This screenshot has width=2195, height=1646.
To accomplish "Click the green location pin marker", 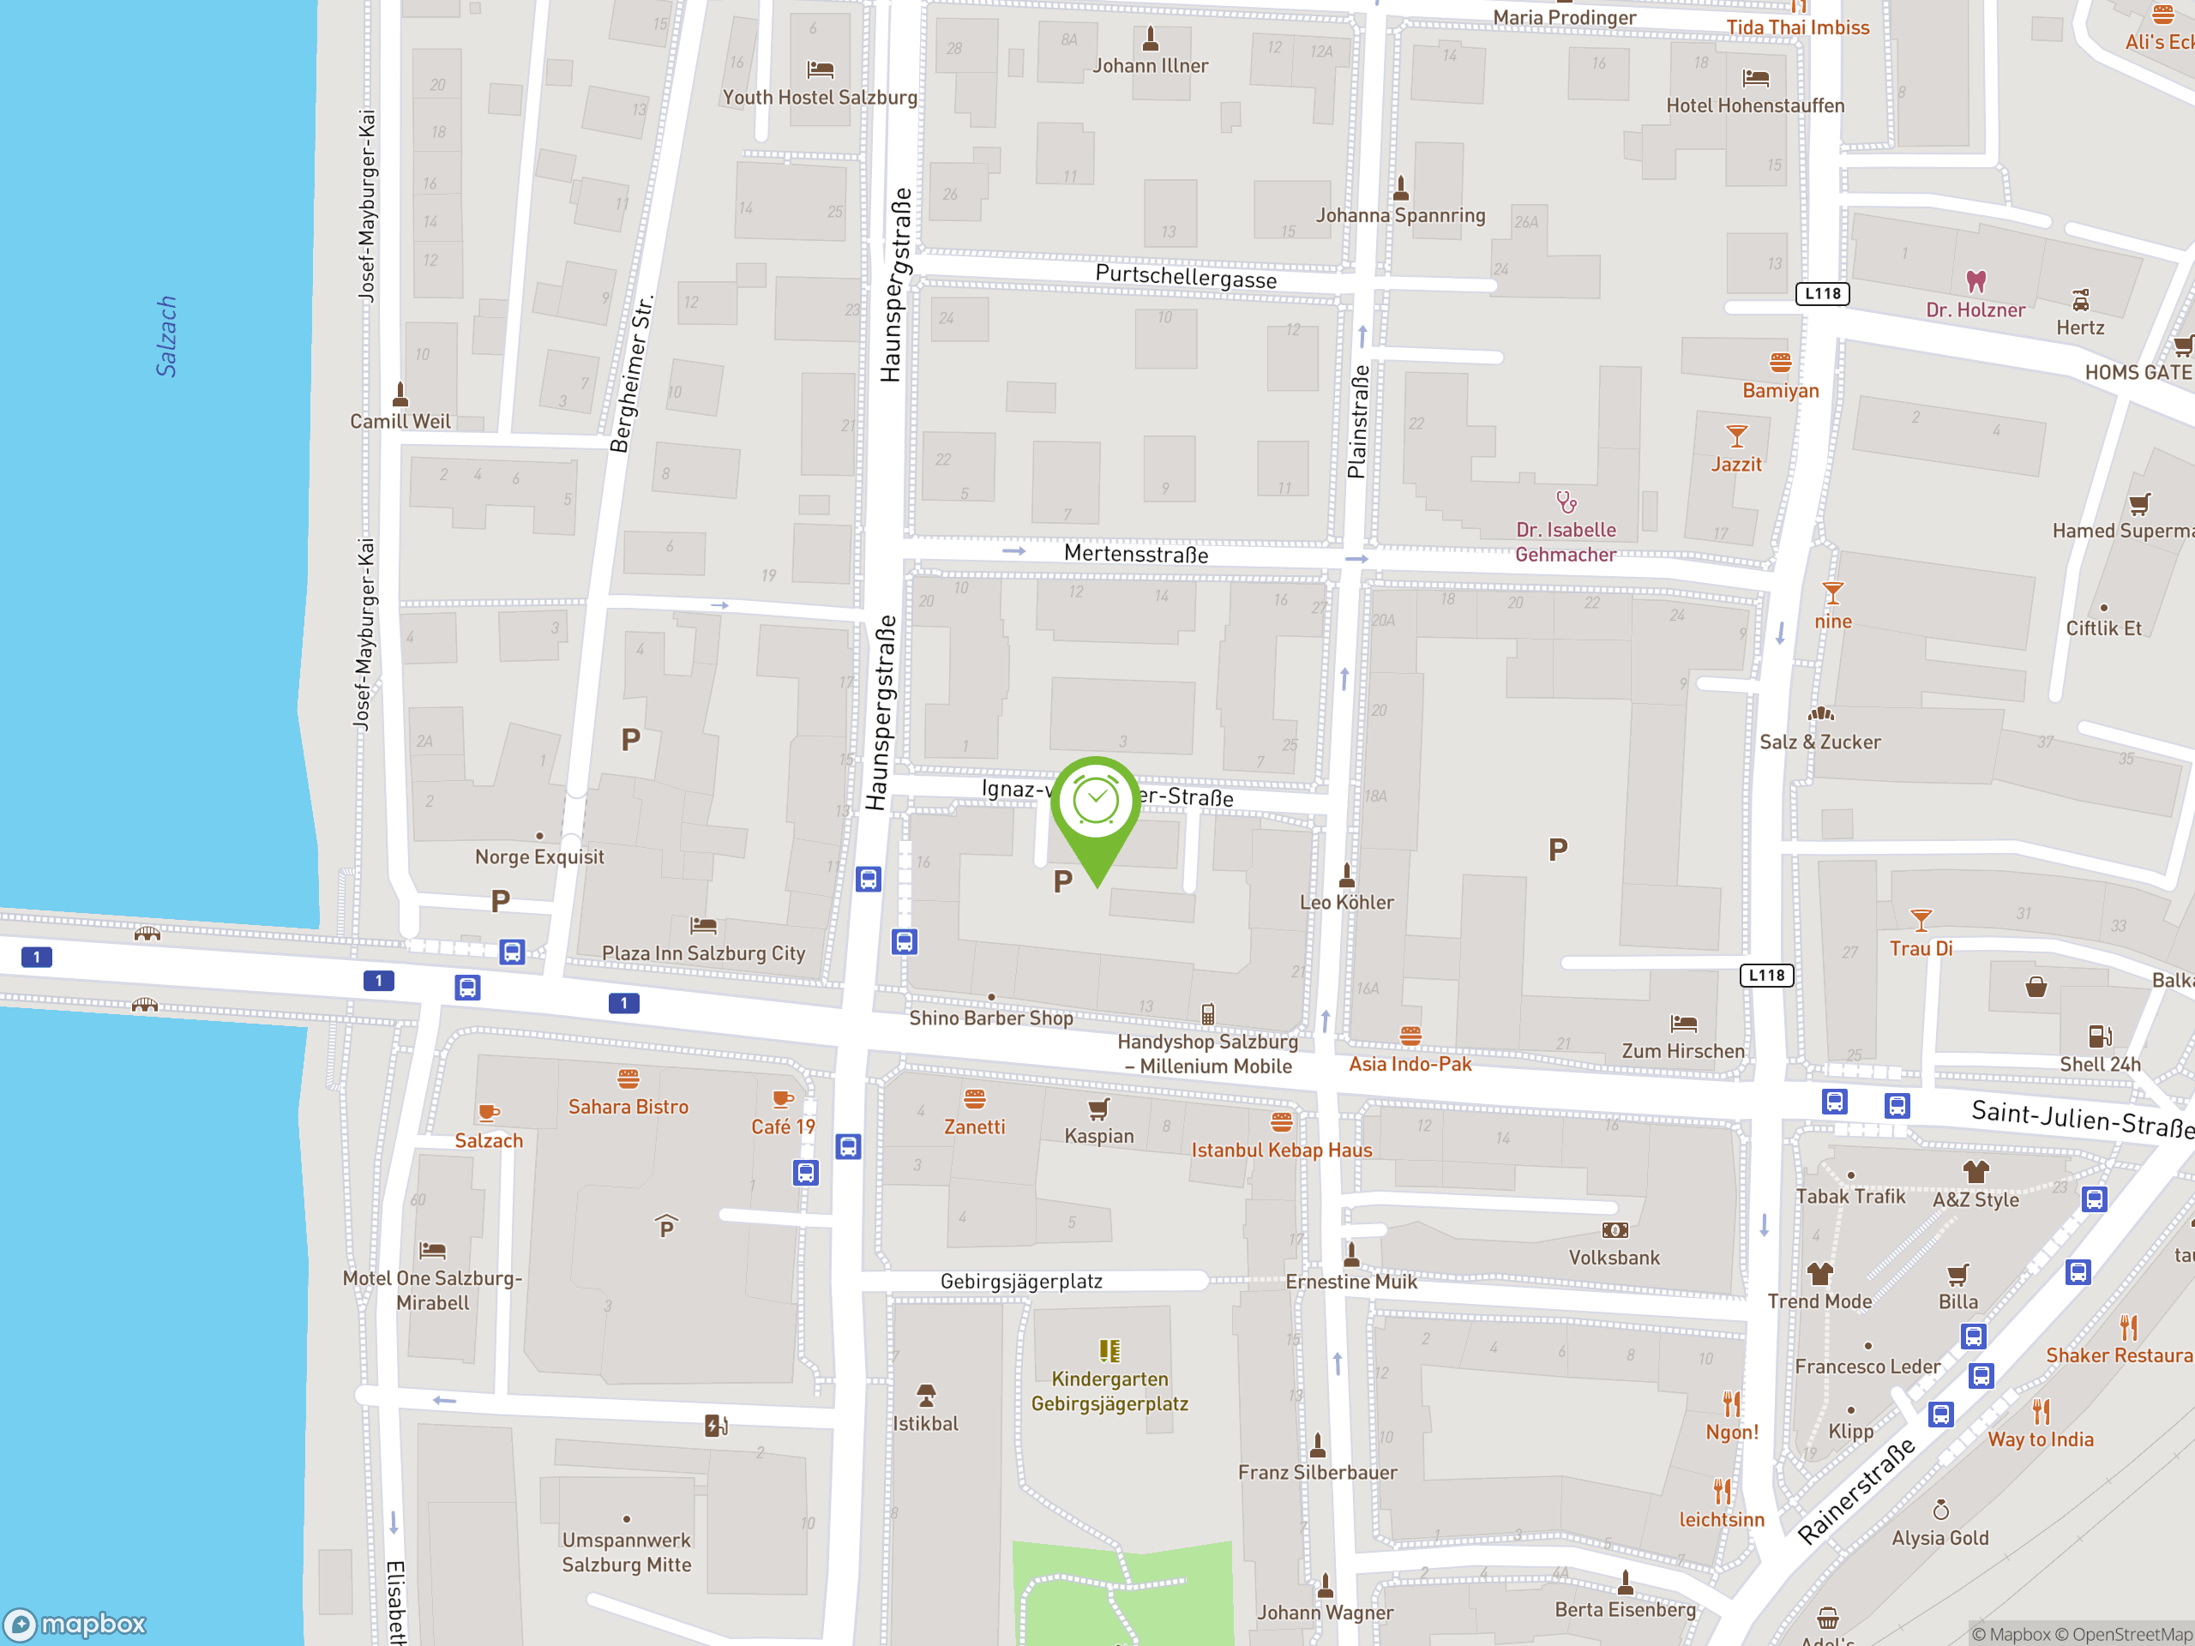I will (1097, 806).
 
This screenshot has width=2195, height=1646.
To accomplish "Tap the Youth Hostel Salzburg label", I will (820, 97).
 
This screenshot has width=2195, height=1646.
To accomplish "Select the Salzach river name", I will (165, 336).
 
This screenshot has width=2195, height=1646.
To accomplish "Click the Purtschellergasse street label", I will (1185, 277).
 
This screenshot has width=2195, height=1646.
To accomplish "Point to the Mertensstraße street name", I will (1135, 554).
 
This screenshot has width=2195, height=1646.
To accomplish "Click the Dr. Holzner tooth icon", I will (1975, 282).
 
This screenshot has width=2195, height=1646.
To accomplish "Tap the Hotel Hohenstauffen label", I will (1754, 105).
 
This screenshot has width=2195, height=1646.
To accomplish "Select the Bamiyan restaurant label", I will (1780, 391).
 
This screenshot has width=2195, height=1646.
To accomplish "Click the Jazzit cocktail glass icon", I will (1735, 436).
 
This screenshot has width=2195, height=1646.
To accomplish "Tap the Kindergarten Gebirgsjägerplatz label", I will (1110, 1391).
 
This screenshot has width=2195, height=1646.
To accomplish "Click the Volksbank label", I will (1614, 1258).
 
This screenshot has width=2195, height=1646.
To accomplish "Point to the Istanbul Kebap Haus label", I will (1281, 1150).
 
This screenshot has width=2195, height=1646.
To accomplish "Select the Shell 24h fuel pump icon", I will (2100, 1036).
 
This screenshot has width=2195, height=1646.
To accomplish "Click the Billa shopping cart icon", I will (1957, 1275).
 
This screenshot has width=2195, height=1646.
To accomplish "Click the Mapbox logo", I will (75, 1625).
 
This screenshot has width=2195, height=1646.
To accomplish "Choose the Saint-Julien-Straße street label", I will (2080, 1118).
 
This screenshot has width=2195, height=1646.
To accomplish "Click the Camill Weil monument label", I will (400, 422).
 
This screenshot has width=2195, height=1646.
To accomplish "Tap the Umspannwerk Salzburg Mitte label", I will (626, 1552).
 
